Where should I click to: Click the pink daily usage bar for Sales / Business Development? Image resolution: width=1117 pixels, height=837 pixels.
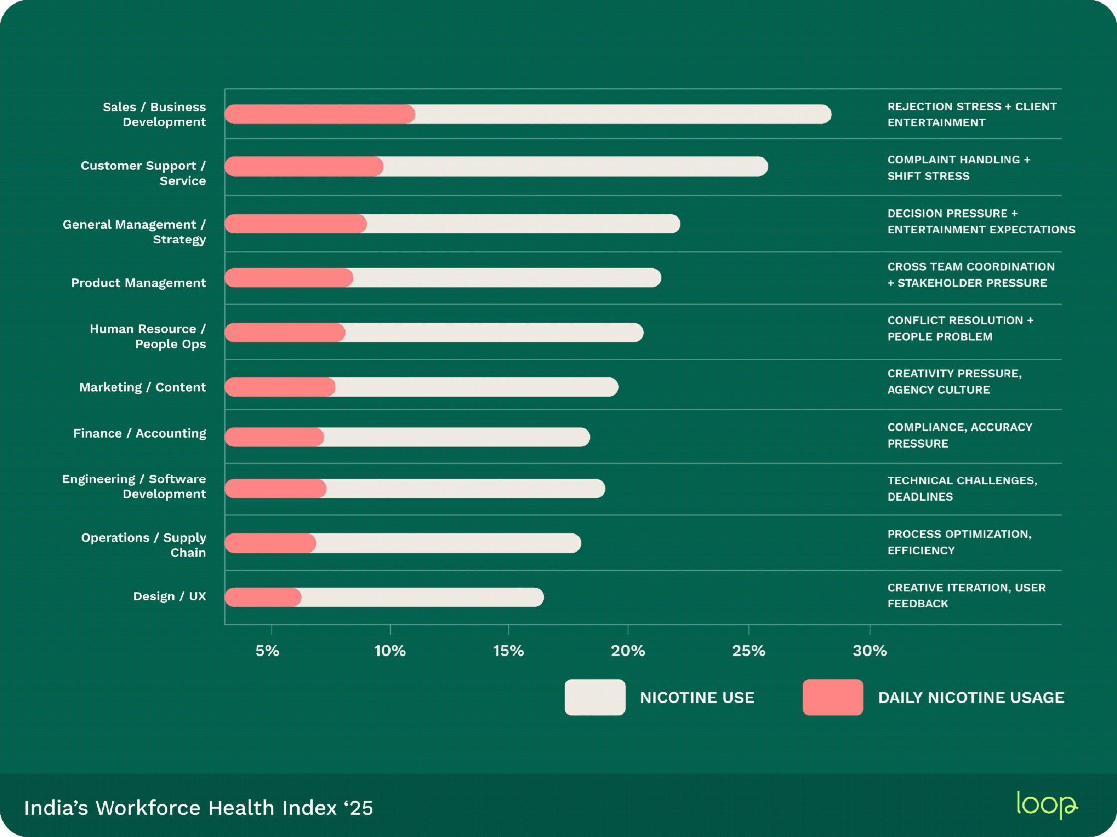pyautogui.click(x=319, y=114)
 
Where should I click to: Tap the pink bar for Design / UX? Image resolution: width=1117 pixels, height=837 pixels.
pyautogui.click(x=263, y=597)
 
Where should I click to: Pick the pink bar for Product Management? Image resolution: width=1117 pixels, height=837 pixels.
pyautogui.click(x=289, y=278)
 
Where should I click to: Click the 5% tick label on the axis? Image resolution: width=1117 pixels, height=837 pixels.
pyautogui.click(x=267, y=651)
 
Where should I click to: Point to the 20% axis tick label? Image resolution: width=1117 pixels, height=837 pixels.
pyautogui.click(x=627, y=651)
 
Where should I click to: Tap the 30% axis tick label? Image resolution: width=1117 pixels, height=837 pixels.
pyautogui.click(x=869, y=651)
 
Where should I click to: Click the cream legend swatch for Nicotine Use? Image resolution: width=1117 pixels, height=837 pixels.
pyautogui.click(x=595, y=697)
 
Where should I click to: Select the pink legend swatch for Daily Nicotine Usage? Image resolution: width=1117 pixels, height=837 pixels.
pyautogui.click(x=833, y=697)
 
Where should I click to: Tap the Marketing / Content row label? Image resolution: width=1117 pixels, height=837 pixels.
pyautogui.click(x=142, y=387)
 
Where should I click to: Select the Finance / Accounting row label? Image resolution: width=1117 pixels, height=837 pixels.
pyautogui.click(x=139, y=433)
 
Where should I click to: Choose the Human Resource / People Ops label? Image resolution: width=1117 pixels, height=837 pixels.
pyautogui.click(x=147, y=336)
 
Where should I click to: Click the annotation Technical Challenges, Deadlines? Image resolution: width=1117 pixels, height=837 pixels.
pyautogui.click(x=962, y=488)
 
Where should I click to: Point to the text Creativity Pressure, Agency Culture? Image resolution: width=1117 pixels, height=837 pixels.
pyautogui.click(x=954, y=381)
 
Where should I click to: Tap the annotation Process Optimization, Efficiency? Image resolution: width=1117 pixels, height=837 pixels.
pyautogui.click(x=959, y=542)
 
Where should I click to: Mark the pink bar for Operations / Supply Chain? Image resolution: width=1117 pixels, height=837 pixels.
pyautogui.click(x=270, y=543)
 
